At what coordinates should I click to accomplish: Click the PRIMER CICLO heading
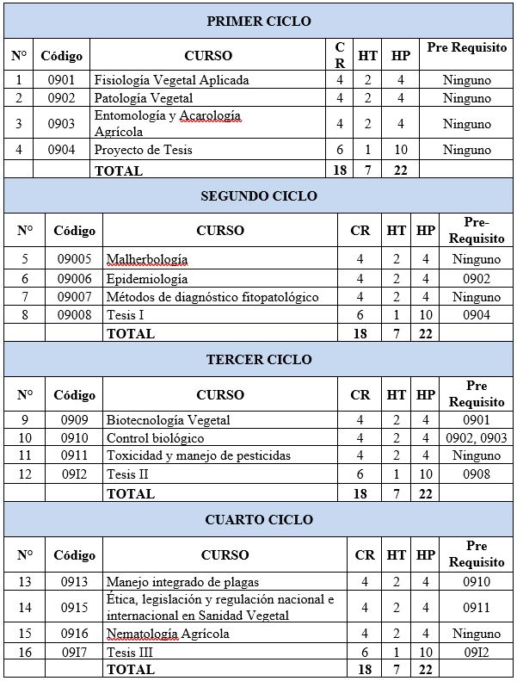tap(259, 21)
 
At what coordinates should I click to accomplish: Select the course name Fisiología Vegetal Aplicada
tap(172, 80)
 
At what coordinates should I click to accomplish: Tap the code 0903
tap(61, 123)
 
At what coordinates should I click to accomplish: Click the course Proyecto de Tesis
tap(144, 150)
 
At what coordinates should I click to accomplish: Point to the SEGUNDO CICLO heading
tap(259, 195)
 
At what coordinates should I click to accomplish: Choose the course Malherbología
tap(147, 259)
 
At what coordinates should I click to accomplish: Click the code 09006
tap(74, 278)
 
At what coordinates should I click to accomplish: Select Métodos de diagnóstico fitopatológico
tap(212, 297)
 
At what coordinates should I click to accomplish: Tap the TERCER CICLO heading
tap(259, 359)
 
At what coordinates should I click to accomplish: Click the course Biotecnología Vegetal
tap(169, 420)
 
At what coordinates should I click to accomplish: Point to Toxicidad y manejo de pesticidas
tap(199, 455)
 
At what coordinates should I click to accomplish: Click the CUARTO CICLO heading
tap(259, 519)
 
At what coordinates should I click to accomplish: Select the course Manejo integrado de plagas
tap(183, 582)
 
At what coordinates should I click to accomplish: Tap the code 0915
tap(74, 608)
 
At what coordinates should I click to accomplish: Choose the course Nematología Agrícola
tap(168, 634)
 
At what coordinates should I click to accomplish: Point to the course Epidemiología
tap(147, 278)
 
